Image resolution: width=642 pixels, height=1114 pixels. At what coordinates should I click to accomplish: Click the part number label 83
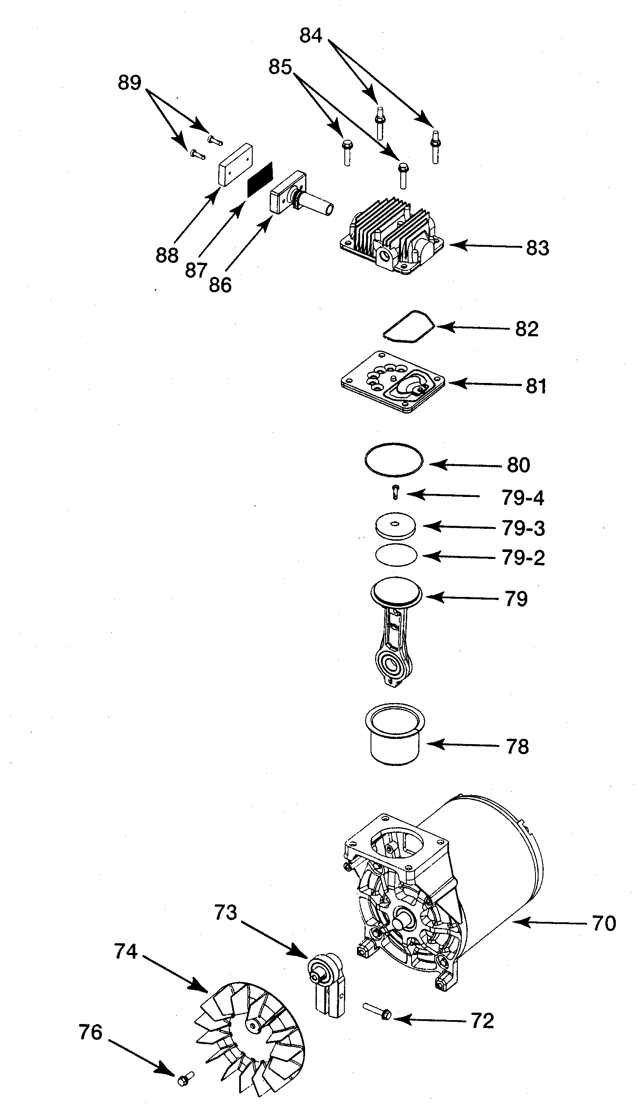pos(538,248)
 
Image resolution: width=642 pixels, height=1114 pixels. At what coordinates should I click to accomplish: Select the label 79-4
pos(522,498)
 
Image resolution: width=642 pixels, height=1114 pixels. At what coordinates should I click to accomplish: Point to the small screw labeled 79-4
pos(395,492)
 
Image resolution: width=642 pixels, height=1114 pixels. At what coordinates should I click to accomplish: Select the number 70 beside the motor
pos(604,924)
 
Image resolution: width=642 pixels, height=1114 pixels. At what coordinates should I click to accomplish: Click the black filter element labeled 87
pos(260,179)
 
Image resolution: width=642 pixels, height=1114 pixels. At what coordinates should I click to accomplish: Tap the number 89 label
pos(129,83)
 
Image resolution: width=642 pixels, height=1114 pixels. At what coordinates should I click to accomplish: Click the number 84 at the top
pos(311,35)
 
